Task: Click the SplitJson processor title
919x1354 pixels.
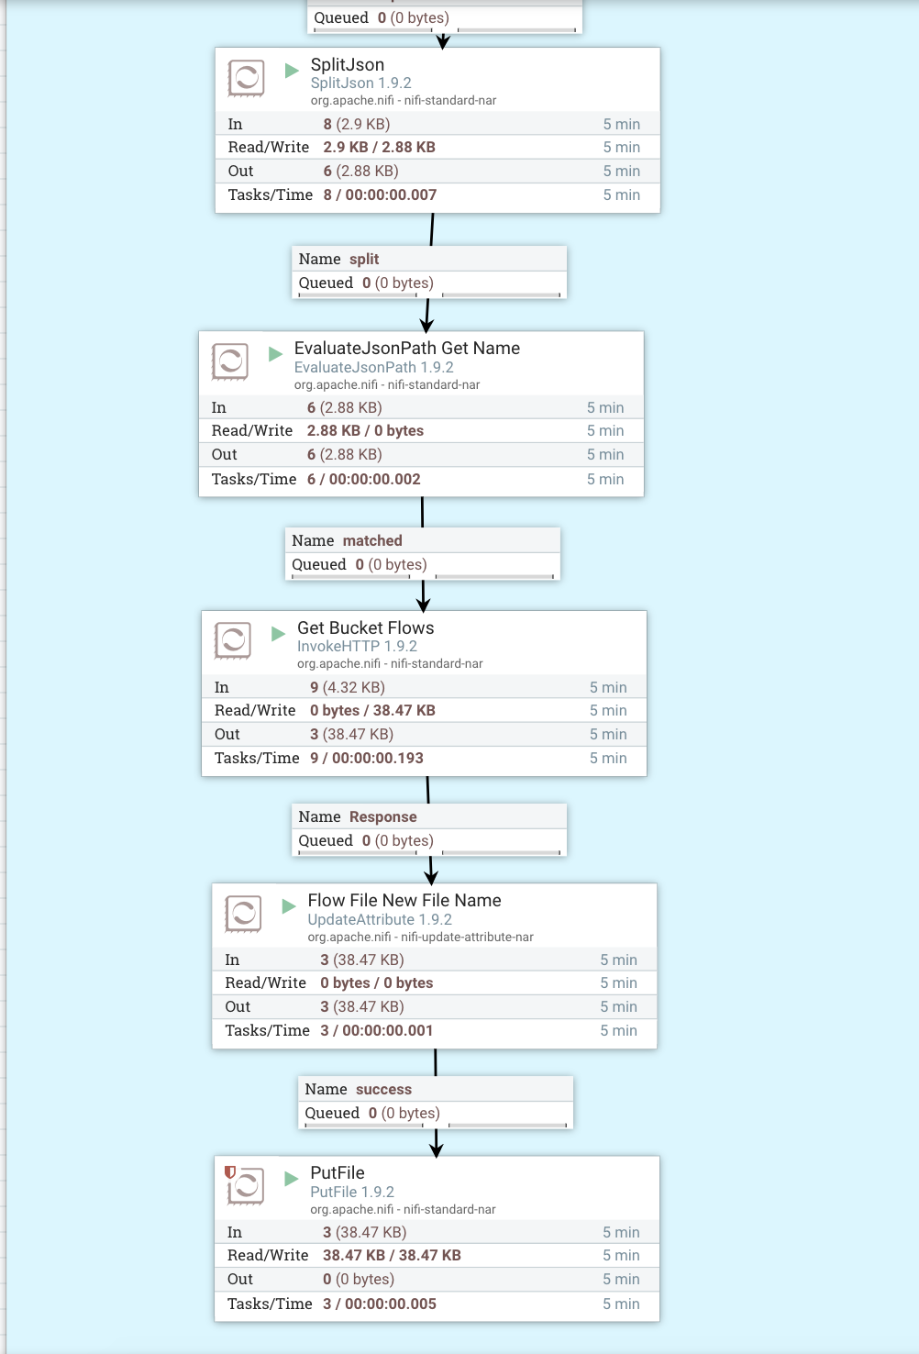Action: (347, 64)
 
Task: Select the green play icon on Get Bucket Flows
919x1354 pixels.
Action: (279, 634)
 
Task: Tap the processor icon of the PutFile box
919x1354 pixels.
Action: (246, 1186)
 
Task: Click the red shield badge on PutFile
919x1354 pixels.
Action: (230, 1171)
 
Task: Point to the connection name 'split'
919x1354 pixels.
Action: (363, 259)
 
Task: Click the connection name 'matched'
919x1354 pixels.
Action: (372, 540)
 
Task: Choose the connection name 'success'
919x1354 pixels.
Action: (383, 1089)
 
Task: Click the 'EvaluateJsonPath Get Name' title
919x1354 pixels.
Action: (406, 348)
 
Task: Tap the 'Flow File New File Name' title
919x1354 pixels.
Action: (404, 900)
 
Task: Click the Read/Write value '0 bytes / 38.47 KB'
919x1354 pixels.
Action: (372, 710)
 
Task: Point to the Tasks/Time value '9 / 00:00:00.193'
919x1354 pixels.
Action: (366, 758)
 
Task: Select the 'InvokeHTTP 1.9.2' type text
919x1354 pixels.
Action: (357, 646)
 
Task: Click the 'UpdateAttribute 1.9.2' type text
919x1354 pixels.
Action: (380, 919)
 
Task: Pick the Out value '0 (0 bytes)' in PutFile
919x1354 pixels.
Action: (358, 1279)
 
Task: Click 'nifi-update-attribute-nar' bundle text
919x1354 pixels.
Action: (467, 937)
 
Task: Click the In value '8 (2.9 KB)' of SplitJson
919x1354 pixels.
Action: (356, 124)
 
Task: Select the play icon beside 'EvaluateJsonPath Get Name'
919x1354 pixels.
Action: (275, 354)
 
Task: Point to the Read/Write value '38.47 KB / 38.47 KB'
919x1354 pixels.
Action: (392, 1255)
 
